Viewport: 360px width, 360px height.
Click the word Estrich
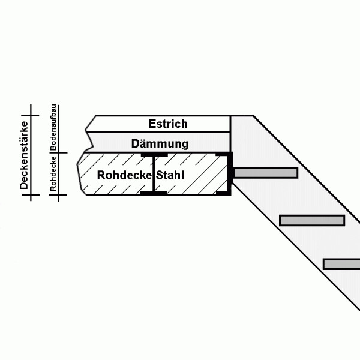pyautogui.click(x=168, y=124)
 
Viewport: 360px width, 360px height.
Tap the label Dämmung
pyautogui.click(x=160, y=144)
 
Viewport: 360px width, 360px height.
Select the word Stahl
pyautogui.click(x=170, y=175)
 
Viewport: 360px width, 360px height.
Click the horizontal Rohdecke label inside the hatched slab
pyautogui.click(x=124, y=175)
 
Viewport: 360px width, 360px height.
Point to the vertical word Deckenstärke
pyautogui.click(x=24, y=155)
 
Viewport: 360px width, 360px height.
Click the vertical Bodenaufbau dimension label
pyautogui.click(x=53, y=127)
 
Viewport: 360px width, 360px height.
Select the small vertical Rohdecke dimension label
pyautogui.click(x=53, y=173)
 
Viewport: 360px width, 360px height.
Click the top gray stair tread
pyautogui.click(x=266, y=173)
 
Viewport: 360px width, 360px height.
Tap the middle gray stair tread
pyautogui.click(x=312, y=220)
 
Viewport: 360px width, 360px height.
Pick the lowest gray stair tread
pyautogui.click(x=341, y=264)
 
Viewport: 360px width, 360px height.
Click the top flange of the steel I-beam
pyautogui.click(x=154, y=155)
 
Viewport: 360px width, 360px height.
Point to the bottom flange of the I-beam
pyautogui.click(x=154, y=193)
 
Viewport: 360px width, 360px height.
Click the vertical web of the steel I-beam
pyautogui.click(x=154, y=174)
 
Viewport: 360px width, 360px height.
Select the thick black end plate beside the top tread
pyautogui.click(x=230, y=173)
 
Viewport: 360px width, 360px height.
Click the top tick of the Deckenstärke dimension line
pyautogui.click(x=31, y=115)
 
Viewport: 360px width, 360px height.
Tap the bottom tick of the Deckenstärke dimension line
pyautogui.click(x=31, y=195)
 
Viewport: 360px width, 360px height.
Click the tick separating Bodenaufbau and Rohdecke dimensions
pyautogui.click(x=59, y=152)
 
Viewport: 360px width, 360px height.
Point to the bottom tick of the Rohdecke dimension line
pyautogui.click(x=59, y=195)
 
